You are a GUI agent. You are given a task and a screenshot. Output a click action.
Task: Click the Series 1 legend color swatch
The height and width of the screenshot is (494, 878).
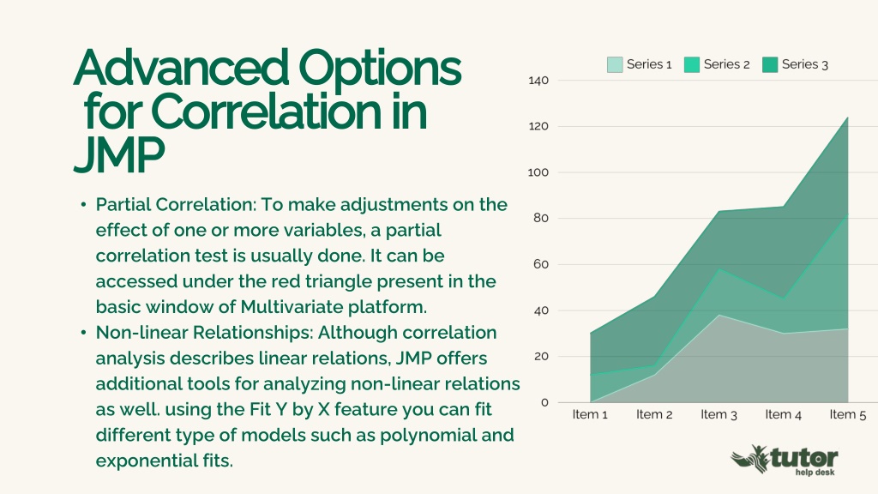615,64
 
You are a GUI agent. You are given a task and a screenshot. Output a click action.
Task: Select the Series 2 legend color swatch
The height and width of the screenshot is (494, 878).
692,64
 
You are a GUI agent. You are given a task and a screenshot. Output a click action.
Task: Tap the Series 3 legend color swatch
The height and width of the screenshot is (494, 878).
770,64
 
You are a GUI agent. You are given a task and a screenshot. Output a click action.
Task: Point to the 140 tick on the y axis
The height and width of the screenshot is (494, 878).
538,81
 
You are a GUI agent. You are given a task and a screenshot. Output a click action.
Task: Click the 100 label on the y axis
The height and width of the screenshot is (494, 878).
538,172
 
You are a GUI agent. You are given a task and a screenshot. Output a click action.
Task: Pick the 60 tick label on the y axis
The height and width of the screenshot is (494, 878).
541,264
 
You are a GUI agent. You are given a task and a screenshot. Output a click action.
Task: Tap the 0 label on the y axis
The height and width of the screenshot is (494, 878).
544,403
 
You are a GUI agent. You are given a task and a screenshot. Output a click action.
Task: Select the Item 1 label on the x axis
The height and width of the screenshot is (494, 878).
590,415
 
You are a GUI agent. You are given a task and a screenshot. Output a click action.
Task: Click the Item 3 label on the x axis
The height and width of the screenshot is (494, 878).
719,415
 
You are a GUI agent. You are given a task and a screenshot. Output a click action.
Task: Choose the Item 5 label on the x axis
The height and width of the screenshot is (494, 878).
848,415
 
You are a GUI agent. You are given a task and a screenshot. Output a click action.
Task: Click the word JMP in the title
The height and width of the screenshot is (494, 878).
118,154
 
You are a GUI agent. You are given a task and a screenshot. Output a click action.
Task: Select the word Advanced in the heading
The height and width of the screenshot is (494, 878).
182,68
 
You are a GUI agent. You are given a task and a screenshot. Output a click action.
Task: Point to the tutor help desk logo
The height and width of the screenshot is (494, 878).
785,461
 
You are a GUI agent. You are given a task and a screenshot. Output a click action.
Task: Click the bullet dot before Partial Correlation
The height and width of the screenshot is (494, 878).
83,205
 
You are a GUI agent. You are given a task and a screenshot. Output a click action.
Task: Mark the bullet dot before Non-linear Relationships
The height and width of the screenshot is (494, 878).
83,333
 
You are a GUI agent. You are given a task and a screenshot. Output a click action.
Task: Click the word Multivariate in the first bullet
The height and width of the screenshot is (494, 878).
292,307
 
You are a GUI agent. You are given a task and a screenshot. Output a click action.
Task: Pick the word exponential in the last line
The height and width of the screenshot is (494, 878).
146,461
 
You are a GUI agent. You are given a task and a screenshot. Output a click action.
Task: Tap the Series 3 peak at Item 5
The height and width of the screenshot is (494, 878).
848,117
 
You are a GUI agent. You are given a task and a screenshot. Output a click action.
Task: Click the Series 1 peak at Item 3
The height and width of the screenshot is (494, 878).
719,315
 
